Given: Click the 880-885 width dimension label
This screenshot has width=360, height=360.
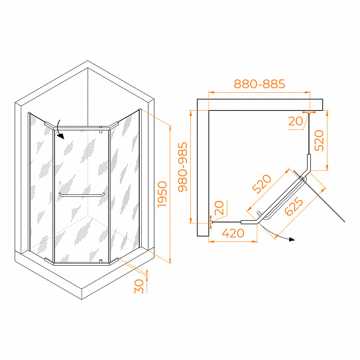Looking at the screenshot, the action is [259, 84].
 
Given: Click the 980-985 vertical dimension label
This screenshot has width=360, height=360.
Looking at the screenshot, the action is [183, 167].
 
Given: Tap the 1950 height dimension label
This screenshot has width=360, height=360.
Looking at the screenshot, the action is [162, 194].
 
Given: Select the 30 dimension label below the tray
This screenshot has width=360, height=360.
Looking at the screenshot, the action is [139, 286].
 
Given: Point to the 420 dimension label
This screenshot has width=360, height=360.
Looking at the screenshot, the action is [233, 233].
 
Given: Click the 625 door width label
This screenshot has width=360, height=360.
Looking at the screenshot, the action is [294, 207].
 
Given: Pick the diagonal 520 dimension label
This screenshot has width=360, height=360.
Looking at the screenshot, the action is [262, 184].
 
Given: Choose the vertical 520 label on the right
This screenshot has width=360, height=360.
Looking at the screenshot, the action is [319, 141].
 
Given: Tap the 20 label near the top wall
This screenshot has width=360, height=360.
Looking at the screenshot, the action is [296, 121].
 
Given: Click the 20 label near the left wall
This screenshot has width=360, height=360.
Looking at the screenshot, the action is [219, 208].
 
